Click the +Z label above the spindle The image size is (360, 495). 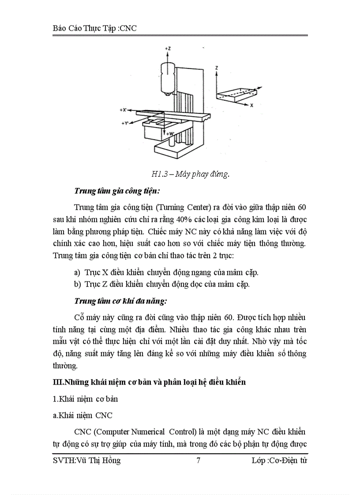(168, 47)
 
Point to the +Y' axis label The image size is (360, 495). (125, 124)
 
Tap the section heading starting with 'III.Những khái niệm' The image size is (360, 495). (149, 382)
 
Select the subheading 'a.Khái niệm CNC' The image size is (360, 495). (82, 415)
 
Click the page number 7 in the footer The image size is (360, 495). (199, 461)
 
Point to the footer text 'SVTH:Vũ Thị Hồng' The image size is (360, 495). (86, 461)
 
